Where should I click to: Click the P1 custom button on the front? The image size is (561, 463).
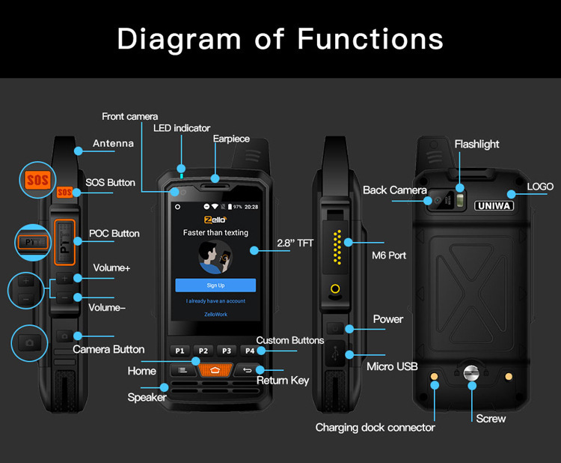coord(180,351)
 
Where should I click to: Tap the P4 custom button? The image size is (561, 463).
coord(250,351)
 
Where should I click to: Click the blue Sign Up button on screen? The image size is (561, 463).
coord(215,285)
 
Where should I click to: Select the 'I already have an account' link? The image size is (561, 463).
coord(215,301)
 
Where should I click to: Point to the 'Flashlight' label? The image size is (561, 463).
coord(476,144)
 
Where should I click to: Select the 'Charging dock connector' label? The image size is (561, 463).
coord(375,427)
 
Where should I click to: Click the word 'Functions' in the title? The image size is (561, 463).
coord(370,38)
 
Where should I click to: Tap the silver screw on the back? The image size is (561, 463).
coord(471,372)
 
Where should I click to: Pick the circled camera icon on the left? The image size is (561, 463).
coord(30,342)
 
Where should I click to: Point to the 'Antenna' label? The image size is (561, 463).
coord(113,143)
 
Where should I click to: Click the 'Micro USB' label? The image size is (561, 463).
coord(392,366)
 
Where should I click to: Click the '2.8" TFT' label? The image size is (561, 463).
coord(295,243)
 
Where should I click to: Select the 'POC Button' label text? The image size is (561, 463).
coord(114,233)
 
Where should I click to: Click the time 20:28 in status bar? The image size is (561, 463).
coord(251,206)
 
